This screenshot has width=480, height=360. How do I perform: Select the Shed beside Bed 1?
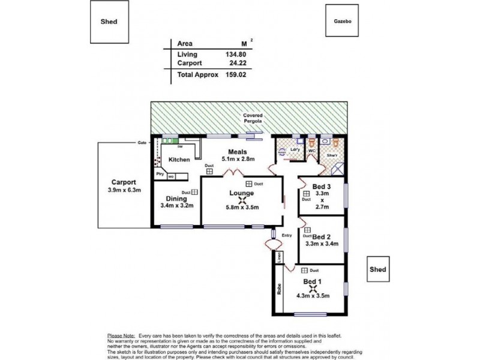coord(377,269)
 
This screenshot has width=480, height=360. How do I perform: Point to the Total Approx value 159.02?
coord(235,76)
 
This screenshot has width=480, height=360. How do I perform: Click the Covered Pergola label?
coord(251,118)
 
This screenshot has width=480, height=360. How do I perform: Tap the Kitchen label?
coord(179,160)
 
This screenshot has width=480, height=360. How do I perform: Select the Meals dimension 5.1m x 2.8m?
coord(239,160)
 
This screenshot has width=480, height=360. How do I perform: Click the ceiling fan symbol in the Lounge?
coord(242,202)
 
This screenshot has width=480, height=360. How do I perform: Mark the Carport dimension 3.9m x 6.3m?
coord(124,191)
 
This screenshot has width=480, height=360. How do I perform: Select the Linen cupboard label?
coord(279,257)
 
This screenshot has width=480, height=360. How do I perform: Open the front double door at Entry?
coord(274,243)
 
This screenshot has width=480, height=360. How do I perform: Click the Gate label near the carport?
coord(142,143)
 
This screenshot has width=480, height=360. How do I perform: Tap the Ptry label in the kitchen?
coord(160,175)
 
